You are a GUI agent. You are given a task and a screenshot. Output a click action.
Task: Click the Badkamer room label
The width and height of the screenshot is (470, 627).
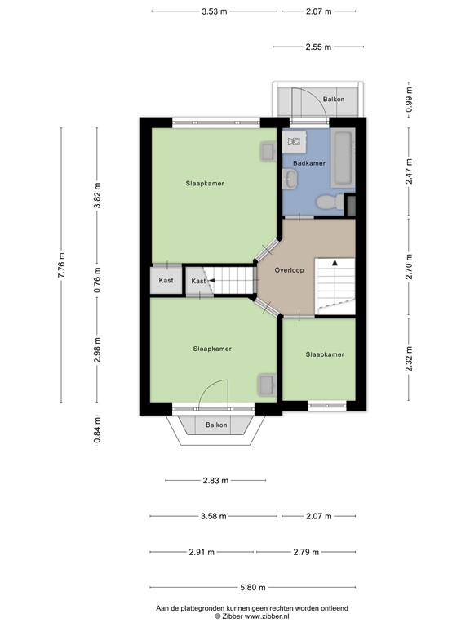308,163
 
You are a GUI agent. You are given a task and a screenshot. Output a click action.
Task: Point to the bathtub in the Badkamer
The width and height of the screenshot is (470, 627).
343,157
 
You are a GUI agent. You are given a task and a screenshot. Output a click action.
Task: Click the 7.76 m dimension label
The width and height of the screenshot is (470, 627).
61,265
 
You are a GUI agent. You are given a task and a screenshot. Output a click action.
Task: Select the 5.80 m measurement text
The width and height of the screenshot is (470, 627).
252,587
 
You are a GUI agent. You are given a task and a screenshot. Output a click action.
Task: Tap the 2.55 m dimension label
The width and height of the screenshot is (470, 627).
318,47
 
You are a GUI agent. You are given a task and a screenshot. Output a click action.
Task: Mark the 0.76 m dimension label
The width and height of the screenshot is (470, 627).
97,279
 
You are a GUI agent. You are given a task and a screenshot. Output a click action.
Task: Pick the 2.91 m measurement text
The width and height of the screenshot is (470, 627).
200,553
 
